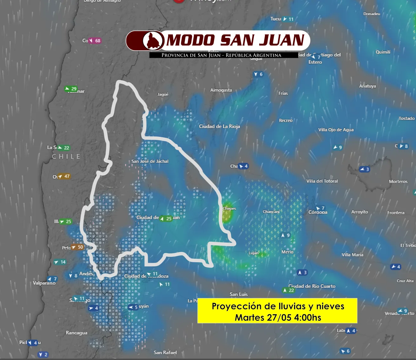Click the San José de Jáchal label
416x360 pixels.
coord(150,161)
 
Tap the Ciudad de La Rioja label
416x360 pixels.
coord(219,126)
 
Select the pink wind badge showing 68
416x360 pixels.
coord(95,41)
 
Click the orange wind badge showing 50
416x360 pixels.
coord(77,247)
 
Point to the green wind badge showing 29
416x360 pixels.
coord(71,89)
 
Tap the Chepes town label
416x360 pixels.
coord(229,209)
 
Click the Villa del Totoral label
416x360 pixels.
coord(322,181)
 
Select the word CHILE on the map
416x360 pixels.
coord(66,157)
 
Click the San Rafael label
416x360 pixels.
coord(165,352)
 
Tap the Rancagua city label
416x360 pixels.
coord(76,333)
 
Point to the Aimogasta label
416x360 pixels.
coord(221,90)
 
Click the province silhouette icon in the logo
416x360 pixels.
coord(153,41)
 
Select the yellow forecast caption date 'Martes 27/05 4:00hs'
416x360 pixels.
coord(278,317)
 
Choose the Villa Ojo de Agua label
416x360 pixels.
coord(336,130)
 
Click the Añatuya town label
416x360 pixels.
coord(367,86)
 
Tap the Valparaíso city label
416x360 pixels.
coord(44,283)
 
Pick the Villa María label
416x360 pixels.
coord(352,255)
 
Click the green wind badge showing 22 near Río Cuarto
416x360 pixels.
coord(288,290)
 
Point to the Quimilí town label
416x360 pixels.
coord(383,52)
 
